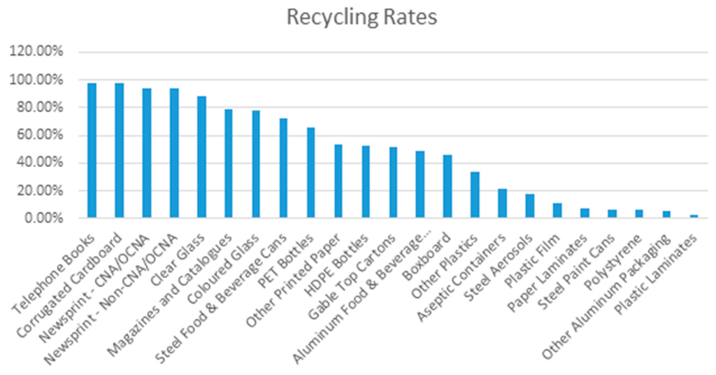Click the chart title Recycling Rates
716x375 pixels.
pos(361,17)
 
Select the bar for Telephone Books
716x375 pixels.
pos(92,150)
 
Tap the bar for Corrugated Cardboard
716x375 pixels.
pos(119,150)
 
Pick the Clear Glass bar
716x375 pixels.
pos(201,157)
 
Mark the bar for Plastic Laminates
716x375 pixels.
pos(694,216)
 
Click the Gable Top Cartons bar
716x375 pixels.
pos(393,183)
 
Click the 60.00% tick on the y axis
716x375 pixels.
pos(39,136)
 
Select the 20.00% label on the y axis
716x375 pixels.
pos(39,191)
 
